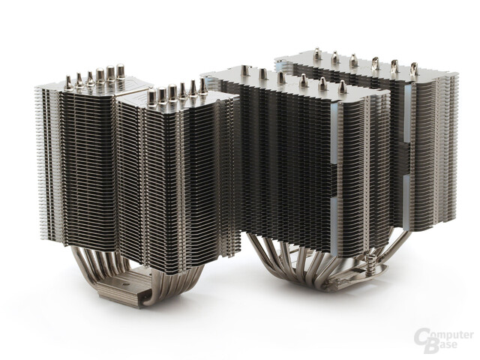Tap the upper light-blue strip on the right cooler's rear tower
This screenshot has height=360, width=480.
(x=407, y=114)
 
